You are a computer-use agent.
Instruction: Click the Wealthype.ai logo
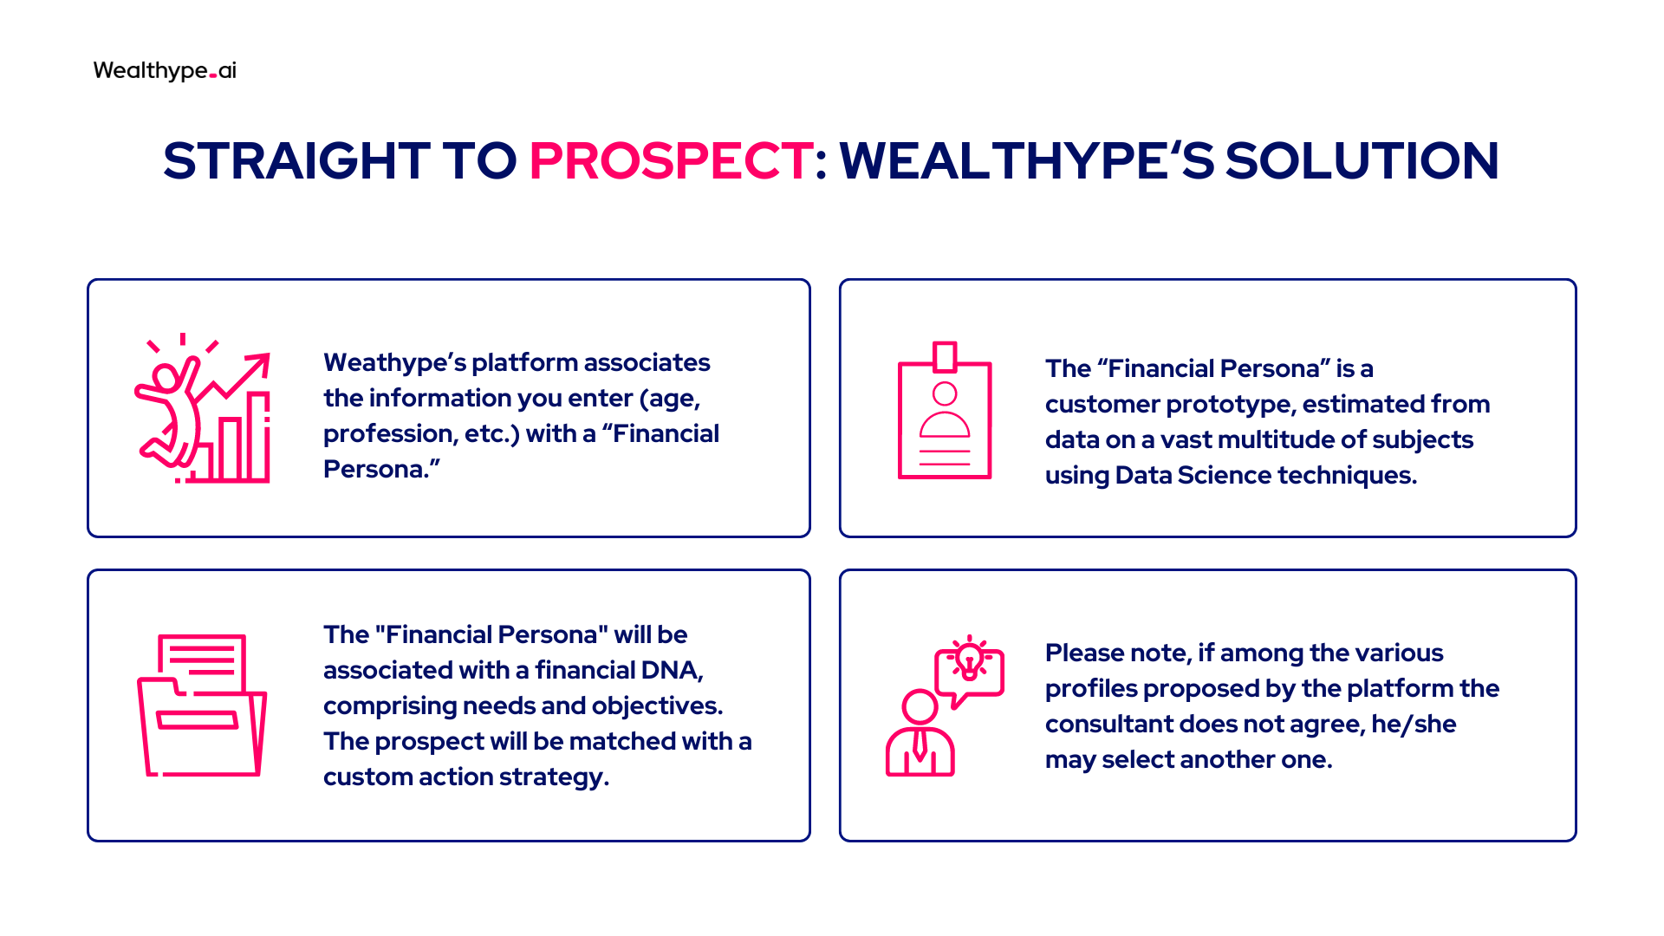165,70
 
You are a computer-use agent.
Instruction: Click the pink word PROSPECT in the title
671,160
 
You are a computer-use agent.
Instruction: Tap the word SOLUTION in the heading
1362,160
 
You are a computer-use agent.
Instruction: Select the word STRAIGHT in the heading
296,160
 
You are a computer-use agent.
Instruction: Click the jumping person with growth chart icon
202,407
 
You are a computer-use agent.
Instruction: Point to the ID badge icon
945,410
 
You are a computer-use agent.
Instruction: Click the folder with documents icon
202,705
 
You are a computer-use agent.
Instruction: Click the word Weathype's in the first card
393,362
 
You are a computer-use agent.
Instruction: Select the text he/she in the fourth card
1414,724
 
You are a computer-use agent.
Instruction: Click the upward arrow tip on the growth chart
268,354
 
